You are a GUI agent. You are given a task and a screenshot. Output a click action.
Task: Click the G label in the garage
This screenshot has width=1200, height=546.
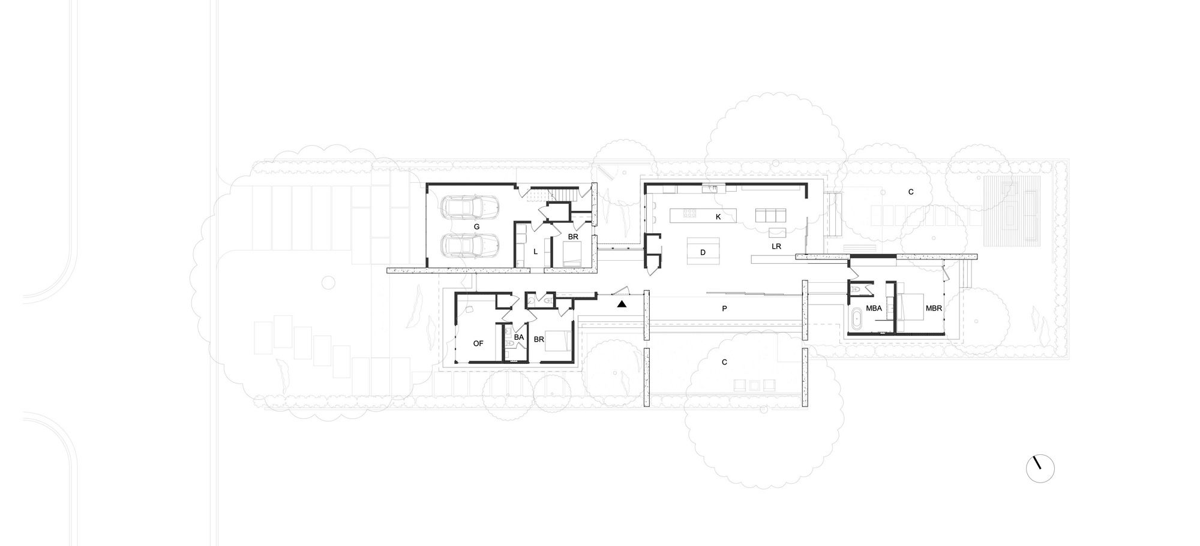[x=476, y=227]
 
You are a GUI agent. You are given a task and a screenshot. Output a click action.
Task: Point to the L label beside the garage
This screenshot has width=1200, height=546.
[x=535, y=252]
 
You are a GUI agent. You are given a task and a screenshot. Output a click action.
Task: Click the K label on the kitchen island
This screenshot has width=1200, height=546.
[x=718, y=217]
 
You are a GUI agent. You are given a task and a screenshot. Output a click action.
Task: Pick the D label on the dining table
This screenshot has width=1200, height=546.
[x=703, y=252]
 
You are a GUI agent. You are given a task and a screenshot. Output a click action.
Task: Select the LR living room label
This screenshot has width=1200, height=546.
[x=776, y=246]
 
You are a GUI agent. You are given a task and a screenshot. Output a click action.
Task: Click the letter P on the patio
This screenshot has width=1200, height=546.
[x=724, y=309]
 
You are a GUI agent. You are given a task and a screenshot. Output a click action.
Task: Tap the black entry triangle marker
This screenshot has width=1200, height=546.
[x=622, y=304]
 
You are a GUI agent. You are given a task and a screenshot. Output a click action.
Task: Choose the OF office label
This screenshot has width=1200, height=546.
[x=478, y=343]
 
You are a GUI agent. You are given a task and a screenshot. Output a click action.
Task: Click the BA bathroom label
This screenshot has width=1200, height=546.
[x=519, y=338]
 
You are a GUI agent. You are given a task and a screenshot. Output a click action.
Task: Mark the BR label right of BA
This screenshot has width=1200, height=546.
[x=539, y=339]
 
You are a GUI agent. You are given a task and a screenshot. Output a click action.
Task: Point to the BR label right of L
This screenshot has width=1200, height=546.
[x=573, y=237]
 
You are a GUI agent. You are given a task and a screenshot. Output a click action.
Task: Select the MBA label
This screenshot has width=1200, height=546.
[x=874, y=309]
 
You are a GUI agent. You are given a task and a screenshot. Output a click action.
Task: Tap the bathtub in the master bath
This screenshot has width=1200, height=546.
[x=856, y=318]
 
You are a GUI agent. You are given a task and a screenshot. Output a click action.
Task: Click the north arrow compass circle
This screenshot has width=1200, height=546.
[x=1040, y=468]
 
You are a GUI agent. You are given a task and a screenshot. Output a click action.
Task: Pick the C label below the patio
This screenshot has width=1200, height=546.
[x=724, y=362]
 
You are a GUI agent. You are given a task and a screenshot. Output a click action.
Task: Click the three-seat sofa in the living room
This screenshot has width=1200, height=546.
[x=769, y=215]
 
